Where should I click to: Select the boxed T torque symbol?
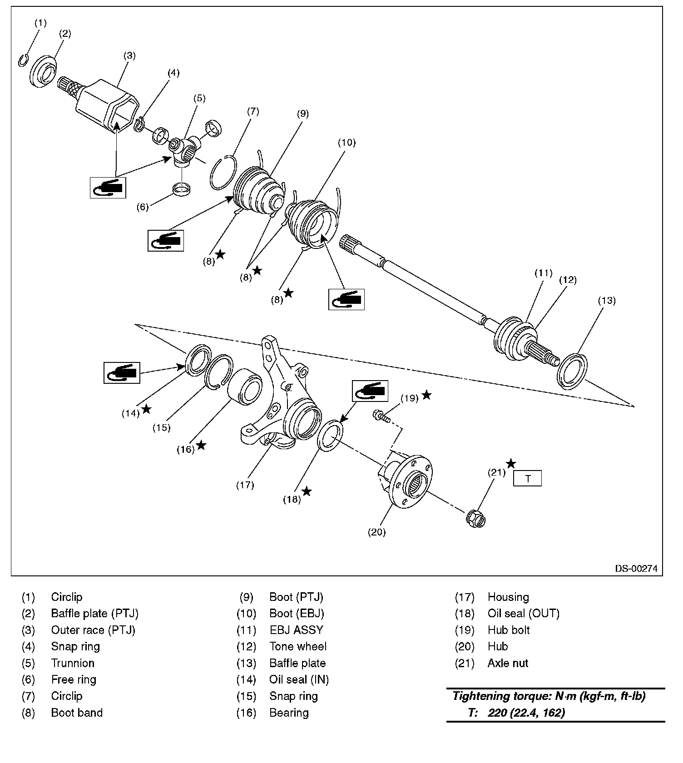[527, 479]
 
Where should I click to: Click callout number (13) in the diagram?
[606, 300]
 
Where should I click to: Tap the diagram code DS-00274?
[636, 569]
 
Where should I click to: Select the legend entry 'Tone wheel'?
[298, 646]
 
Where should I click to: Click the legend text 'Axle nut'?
[508, 663]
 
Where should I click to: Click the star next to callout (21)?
[511, 464]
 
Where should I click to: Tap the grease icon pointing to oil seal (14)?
[122, 373]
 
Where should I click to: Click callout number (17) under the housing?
[245, 485]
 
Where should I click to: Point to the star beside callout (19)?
[426, 395]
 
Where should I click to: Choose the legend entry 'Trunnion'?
[73, 663]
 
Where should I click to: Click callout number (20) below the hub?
[376, 532]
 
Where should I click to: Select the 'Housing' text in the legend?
[508, 597]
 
